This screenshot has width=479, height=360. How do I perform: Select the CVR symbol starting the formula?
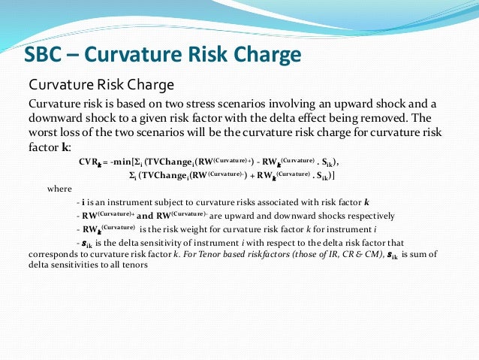click(89, 162)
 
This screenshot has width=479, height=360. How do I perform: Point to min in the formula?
click(125, 162)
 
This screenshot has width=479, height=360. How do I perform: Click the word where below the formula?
click(59, 189)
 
